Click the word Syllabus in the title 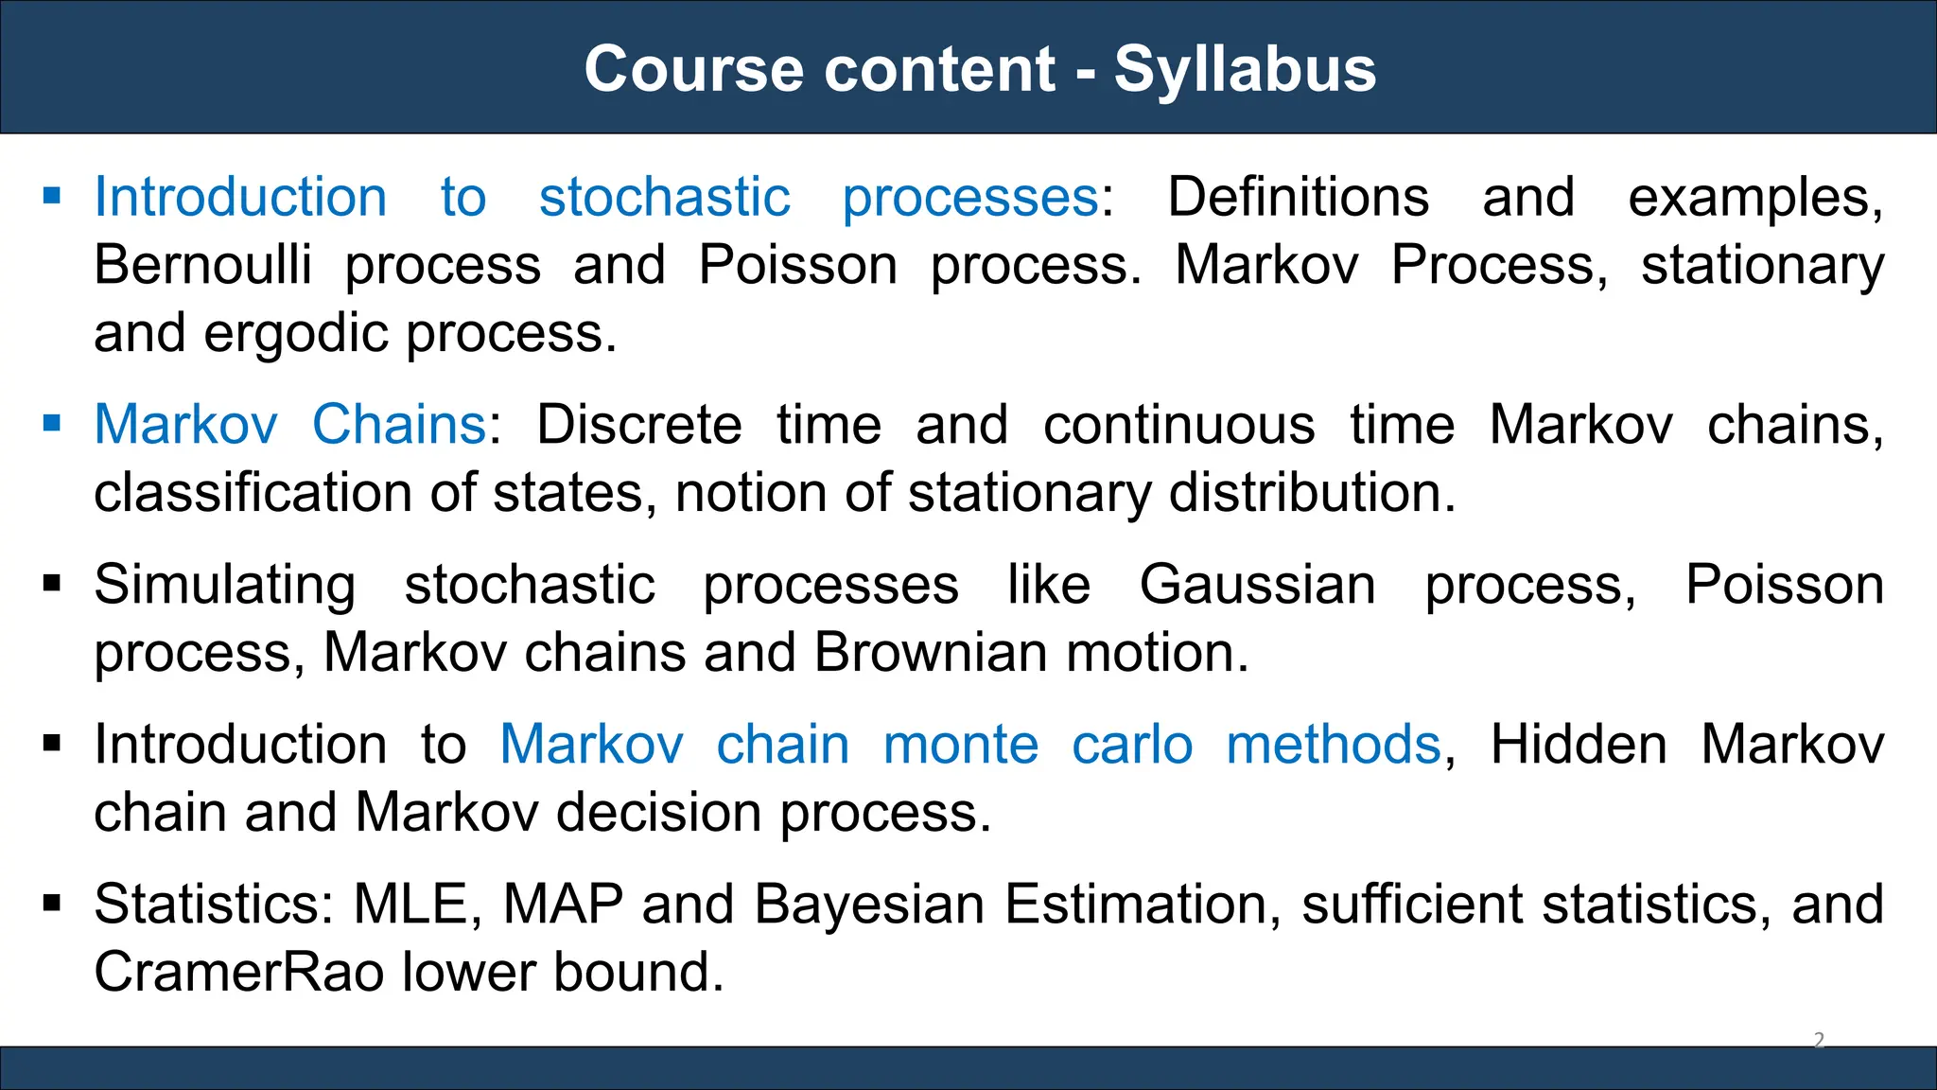point(1244,69)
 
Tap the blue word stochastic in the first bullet point(664,198)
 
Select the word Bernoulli point(202,265)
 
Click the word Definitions point(1298,198)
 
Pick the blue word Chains point(398,425)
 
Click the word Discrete point(639,425)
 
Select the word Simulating point(225,585)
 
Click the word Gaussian point(1258,585)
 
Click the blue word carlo point(1132,745)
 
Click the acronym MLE point(411,905)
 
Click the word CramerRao point(238,973)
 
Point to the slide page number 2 point(1819,1040)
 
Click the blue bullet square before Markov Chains point(52,423)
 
